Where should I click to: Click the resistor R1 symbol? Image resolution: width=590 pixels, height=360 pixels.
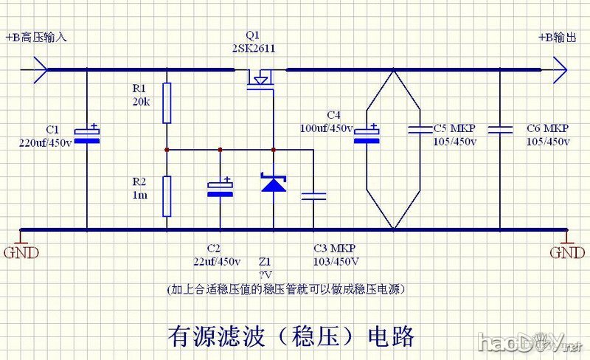coord(167,103)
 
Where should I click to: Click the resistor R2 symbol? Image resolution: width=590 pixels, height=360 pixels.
coord(167,195)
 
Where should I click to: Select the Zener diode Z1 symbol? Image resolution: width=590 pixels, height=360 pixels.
coord(274,182)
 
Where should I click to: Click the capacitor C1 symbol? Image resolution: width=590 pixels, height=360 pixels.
coord(88,132)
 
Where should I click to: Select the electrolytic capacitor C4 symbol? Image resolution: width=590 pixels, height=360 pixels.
coord(367,133)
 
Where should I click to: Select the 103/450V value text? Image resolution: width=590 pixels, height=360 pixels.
coord(336,261)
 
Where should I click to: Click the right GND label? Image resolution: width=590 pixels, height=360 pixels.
coord(566,253)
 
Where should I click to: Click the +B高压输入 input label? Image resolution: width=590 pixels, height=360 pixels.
coord(35,38)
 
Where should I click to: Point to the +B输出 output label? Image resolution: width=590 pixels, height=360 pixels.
coord(557,38)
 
